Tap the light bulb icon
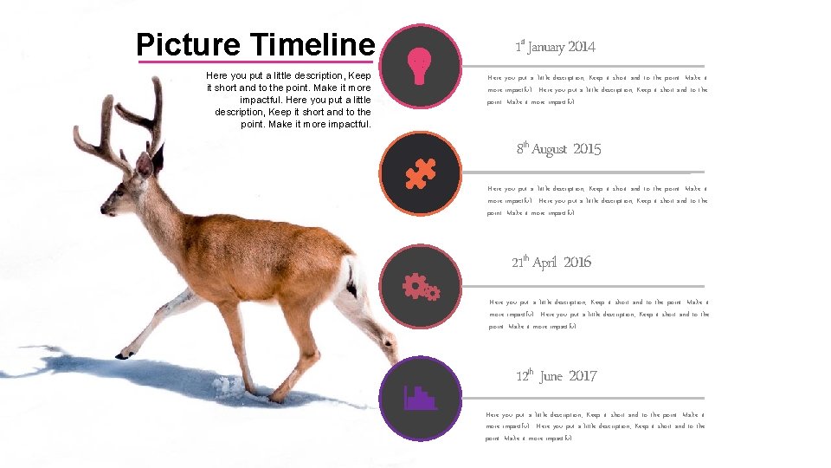pos(420,65)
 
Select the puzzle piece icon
pos(421,174)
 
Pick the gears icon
pos(421,286)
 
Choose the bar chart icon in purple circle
pos(421,398)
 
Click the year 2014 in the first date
pos(582,47)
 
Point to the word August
pos(549,150)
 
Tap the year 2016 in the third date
pos(577,263)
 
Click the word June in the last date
pos(551,376)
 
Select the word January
pos(545,47)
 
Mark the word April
pos(544,263)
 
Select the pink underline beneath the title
pos(255,62)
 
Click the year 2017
pos(583,376)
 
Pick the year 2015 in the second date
pos(587,150)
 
